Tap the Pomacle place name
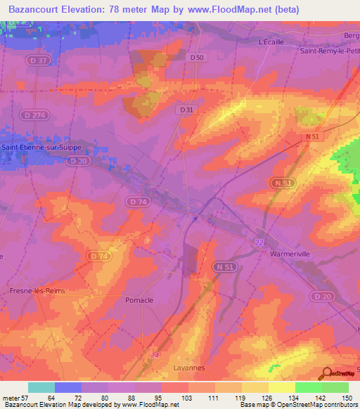(x=139, y=300)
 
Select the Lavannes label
(x=188, y=368)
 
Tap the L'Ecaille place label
(x=271, y=42)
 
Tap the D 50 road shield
(x=197, y=58)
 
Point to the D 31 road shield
(x=186, y=110)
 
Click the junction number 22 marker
(x=258, y=242)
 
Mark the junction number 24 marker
(x=155, y=355)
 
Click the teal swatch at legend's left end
(x=41, y=387)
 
